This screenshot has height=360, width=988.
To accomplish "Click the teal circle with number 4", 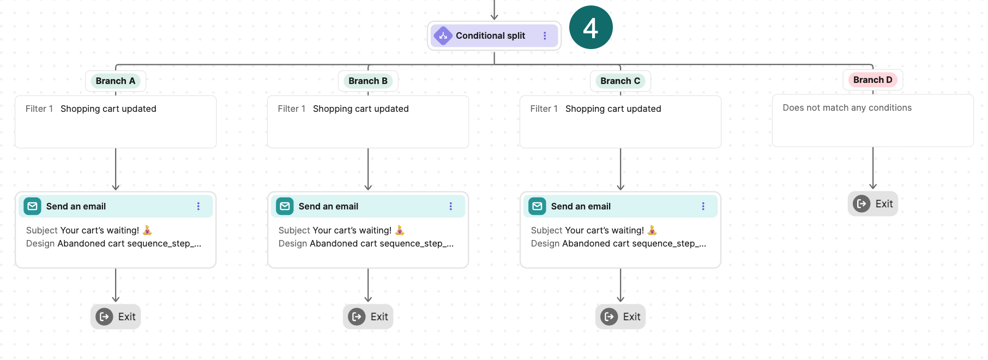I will coord(591,27).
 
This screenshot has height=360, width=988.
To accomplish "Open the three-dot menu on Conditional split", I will coord(545,36).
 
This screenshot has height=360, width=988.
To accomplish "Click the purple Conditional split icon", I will coord(443,36).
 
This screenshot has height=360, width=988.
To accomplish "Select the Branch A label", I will coord(115,81).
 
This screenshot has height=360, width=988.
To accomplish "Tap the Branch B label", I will coord(368,81).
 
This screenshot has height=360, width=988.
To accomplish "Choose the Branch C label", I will coord(620,81).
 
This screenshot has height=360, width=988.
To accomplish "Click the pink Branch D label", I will coord(872,80).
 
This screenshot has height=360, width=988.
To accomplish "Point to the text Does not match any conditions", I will coord(847,108).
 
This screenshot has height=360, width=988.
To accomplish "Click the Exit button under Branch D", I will coord(872,204).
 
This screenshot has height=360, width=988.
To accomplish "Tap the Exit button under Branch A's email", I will coord(116,317).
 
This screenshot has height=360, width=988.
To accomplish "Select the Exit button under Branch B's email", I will coord(368,317).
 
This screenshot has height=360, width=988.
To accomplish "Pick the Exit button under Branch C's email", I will coord(620,317).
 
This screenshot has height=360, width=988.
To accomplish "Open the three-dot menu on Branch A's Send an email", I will coord(198,206).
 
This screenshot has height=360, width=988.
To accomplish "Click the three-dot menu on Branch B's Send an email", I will coord(451,206).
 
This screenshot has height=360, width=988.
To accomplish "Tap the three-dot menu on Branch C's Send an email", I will coord(703,206).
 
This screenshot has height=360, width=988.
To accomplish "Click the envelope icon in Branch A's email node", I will coord(33,206).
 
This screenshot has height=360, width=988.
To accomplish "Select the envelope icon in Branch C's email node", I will coord(537,206).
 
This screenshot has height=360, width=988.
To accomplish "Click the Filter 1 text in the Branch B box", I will coord(291,109).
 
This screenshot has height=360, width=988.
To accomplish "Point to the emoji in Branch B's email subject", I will coord(400,230).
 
